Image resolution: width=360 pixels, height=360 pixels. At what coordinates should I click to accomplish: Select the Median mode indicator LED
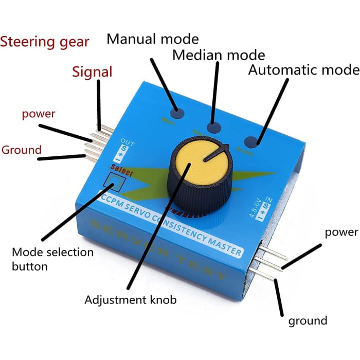tap(213, 128)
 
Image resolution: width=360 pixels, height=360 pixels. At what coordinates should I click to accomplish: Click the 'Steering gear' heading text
tap(45, 42)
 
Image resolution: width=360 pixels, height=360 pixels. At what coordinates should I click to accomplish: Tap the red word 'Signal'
tap(92, 71)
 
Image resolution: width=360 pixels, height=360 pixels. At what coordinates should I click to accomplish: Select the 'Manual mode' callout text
tap(152, 39)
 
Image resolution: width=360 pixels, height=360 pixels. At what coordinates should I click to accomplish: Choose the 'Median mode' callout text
tap(219, 55)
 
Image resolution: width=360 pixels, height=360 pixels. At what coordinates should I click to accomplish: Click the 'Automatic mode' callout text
tap(303, 70)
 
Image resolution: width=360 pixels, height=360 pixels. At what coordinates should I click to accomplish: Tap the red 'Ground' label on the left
tap(21, 150)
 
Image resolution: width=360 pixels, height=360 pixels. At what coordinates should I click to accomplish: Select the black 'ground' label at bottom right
tap(308, 321)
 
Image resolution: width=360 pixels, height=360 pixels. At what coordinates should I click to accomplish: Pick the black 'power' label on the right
tap(341, 232)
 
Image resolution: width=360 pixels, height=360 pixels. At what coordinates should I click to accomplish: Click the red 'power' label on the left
tap(38, 114)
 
